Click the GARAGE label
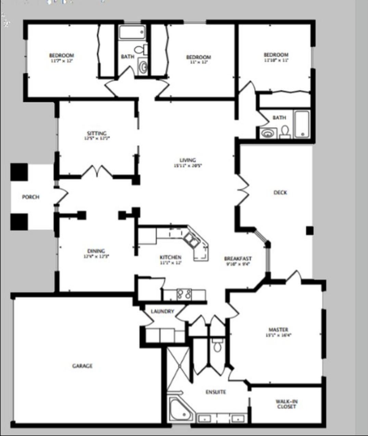pyautogui.click(x=82, y=366)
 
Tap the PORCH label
pyautogui.click(x=30, y=197)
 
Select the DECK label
pyautogui.click(x=280, y=193)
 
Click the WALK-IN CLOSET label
pyautogui.click(x=286, y=404)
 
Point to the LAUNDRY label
pyautogui.click(x=162, y=311)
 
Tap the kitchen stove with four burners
pyautogui.click(x=184, y=294)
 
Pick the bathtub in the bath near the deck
pyautogui.click(x=302, y=124)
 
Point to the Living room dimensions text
pyautogui.click(x=188, y=166)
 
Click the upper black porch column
pyautogui.click(x=19, y=172)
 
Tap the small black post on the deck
pyautogui.click(x=309, y=231)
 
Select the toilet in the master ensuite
pyautogui.click(x=217, y=345)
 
